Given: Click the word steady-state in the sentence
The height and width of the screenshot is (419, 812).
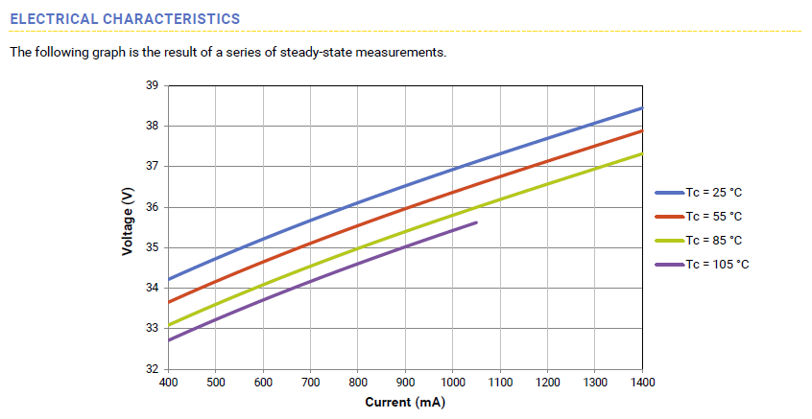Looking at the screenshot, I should pos(317,52).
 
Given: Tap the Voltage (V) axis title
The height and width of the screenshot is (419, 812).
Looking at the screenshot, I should pos(127,221).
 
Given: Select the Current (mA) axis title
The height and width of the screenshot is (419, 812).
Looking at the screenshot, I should pos(405,401).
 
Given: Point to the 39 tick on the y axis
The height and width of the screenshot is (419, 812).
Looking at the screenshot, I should pos(153,85).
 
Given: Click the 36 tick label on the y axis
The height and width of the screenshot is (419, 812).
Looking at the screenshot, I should pos(153,207).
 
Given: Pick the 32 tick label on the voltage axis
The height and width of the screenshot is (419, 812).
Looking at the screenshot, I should pos(153,369).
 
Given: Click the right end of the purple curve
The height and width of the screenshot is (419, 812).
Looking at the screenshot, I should pos(476,222).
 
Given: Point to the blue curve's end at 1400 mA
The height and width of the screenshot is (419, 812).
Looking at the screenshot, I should pos(641,108).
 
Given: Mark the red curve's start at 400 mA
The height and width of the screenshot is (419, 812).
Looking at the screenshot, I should pos(169,302).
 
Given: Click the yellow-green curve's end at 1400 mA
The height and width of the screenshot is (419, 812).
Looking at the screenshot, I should pos(641,153).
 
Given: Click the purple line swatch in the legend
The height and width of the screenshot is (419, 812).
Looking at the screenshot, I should pos(669,264).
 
